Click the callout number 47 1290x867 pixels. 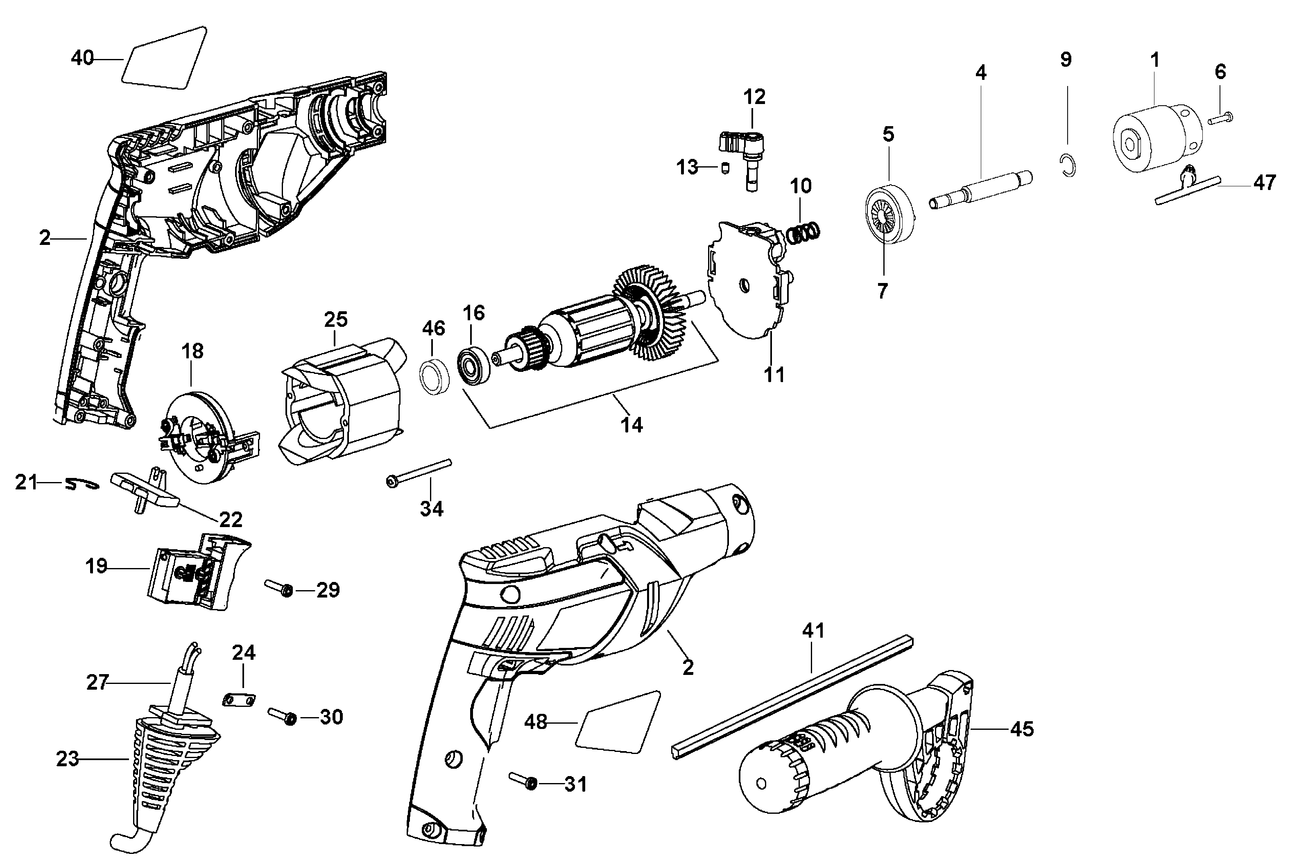tap(1264, 182)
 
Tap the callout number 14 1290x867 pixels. tap(631, 425)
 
